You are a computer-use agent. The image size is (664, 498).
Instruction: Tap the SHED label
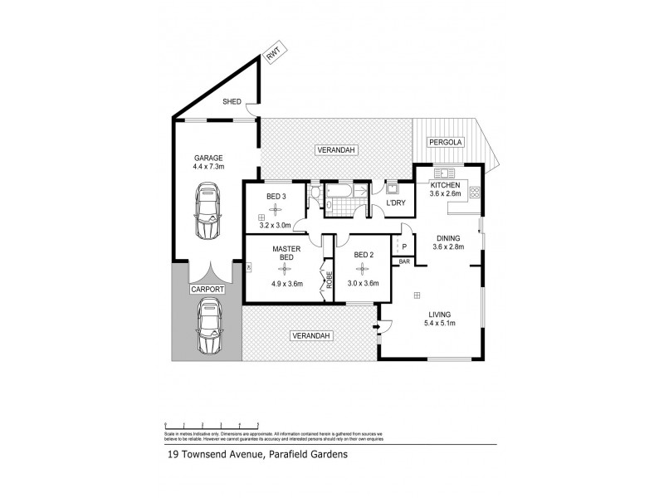click(x=232, y=102)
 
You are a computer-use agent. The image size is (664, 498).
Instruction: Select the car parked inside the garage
click(x=208, y=211)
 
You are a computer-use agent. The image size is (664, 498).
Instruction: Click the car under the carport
click(x=208, y=327)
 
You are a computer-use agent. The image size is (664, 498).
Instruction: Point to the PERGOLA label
click(x=445, y=144)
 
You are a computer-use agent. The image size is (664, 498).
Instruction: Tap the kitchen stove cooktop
click(x=476, y=193)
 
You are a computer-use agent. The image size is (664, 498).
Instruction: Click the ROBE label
click(x=328, y=281)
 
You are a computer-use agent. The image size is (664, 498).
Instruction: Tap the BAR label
click(x=404, y=262)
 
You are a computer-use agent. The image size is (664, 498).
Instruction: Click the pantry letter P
click(x=404, y=247)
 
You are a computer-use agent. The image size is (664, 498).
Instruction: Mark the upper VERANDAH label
click(x=336, y=149)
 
